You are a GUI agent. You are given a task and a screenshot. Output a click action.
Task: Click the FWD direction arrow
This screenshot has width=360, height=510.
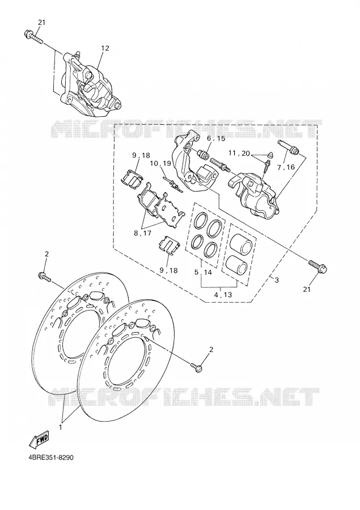(39, 439)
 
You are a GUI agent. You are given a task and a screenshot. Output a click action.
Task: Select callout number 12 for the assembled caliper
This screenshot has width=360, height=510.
(105, 48)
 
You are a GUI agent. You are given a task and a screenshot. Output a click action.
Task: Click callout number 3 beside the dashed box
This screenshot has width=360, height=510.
(276, 280)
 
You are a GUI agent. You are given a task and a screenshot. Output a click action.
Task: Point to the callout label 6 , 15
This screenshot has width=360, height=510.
(216, 139)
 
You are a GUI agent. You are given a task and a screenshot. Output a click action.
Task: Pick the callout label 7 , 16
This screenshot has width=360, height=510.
(286, 167)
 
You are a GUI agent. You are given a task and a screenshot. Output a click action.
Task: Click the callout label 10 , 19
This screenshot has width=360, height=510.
(160, 163)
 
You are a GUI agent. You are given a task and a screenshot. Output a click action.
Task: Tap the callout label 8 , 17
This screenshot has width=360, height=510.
(142, 233)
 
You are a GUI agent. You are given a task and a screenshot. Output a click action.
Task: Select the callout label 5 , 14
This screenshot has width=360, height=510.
(203, 272)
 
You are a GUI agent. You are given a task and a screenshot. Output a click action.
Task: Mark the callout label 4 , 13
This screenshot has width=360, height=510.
(223, 295)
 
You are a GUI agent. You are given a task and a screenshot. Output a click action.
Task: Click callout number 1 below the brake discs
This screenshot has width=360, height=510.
(60, 427)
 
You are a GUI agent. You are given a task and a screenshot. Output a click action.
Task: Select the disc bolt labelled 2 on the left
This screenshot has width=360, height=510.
(45, 277)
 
